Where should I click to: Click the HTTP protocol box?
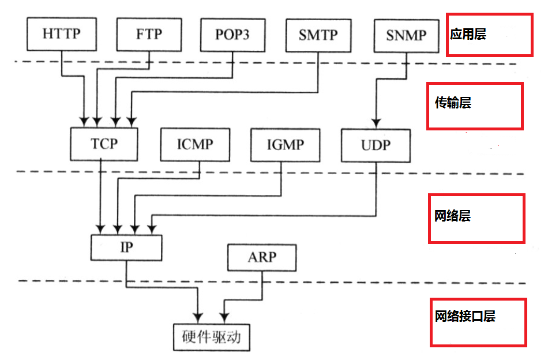pos(61,34)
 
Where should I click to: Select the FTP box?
pos(149,34)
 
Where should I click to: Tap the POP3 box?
pos(233,34)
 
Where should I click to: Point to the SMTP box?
pos(318,34)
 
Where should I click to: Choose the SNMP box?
pos(407,35)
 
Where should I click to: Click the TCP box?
pos(104,144)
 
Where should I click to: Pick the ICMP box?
pos(195,144)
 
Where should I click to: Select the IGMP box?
pos(285,144)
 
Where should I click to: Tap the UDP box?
pos(376,145)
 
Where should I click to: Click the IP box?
pos(126,247)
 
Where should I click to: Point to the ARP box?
pos(262,257)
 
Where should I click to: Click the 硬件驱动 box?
pos(212,336)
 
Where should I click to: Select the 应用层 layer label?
pos(468,35)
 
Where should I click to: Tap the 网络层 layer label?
pos(453,216)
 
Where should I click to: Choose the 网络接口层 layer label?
pos(465,316)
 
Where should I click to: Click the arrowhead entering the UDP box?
pos(376,123)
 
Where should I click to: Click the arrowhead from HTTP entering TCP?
pos(84,122)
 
